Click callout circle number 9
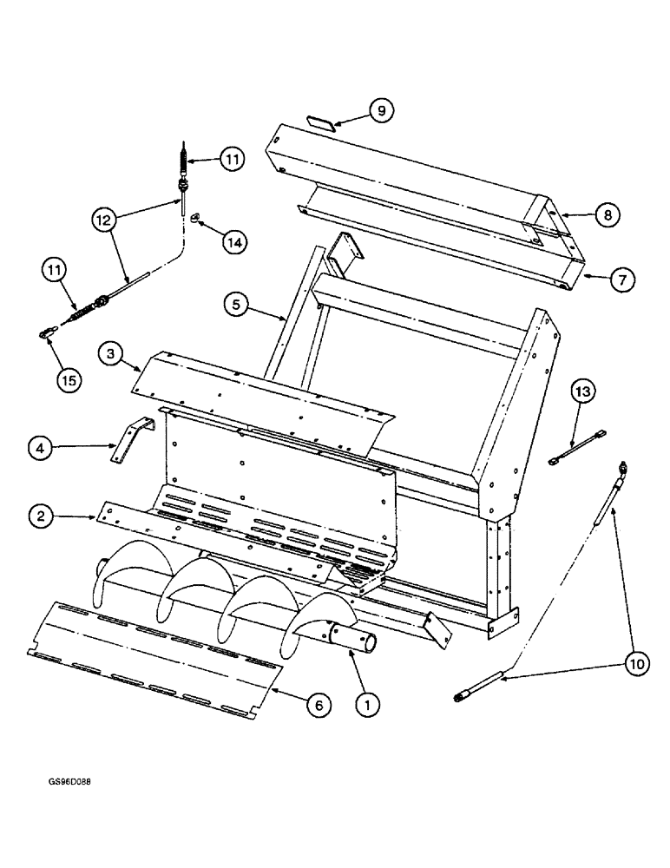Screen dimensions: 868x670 [x=380, y=110]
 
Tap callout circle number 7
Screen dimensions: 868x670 [x=623, y=279]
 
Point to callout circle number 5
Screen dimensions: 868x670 [x=236, y=306]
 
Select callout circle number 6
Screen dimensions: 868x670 [x=319, y=707]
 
